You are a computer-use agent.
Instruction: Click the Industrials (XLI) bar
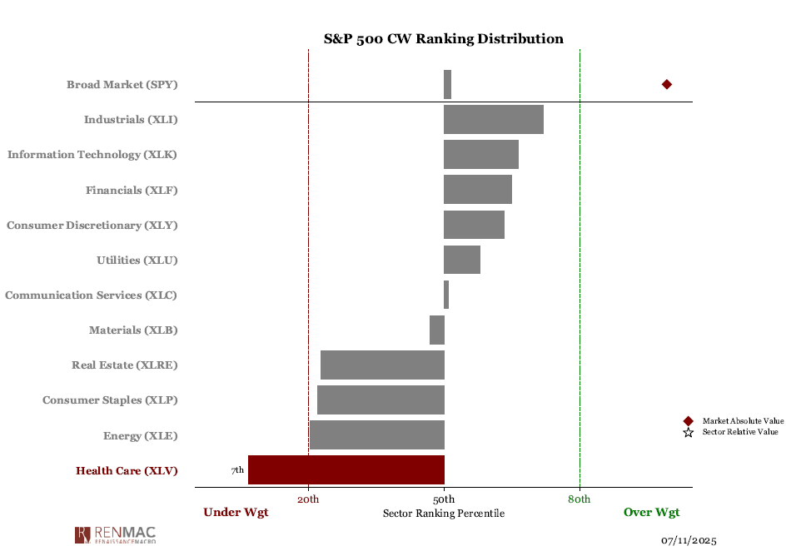(x=493, y=119)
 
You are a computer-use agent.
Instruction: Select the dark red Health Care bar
(x=346, y=469)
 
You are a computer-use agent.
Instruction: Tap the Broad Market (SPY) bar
(x=447, y=84)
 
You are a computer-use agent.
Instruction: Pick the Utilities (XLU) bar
(x=461, y=260)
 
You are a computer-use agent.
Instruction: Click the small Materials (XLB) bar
(x=436, y=330)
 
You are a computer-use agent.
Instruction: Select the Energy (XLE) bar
(x=376, y=435)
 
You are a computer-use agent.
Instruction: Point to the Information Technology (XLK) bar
(x=480, y=154)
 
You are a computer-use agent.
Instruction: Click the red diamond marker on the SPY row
(x=666, y=84)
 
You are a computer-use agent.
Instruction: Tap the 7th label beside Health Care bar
(x=237, y=470)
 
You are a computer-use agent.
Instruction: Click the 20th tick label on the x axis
(x=308, y=499)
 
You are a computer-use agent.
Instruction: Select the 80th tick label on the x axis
(x=580, y=499)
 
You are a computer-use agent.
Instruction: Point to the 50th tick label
(x=444, y=499)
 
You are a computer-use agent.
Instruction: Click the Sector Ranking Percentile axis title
(x=443, y=514)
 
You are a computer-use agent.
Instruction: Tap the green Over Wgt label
(x=651, y=513)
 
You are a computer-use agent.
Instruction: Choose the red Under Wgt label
(x=236, y=513)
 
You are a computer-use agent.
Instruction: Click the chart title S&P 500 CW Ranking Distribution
(x=443, y=39)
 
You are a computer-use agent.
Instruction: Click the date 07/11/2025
(x=689, y=541)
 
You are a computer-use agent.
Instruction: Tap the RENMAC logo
(x=115, y=534)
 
